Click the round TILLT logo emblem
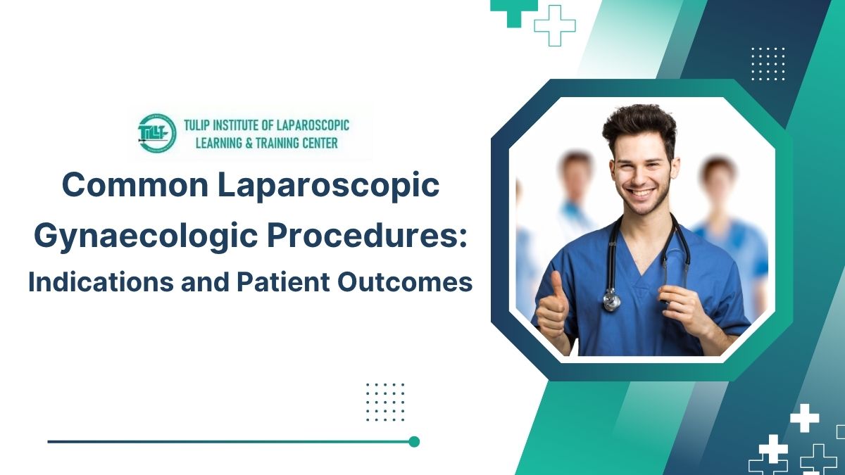click(x=157, y=132)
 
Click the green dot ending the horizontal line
click(x=414, y=442)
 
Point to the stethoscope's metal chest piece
click(x=612, y=301)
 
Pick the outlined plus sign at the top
click(x=555, y=25)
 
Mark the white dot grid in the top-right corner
click(x=768, y=63)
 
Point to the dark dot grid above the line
click(x=385, y=402)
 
